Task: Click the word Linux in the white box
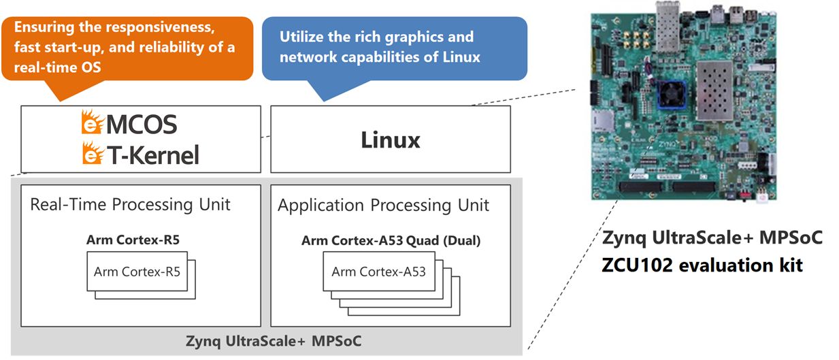pos(391,140)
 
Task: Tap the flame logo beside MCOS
pos(92,122)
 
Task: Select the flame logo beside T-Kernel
pos(93,153)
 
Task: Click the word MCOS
pos(142,125)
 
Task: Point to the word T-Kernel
pos(153,155)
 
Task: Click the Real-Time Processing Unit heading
pos(130,205)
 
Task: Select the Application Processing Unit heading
pos(383,206)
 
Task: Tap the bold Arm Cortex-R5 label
pos(133,240)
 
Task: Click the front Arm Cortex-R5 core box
pos(137,272)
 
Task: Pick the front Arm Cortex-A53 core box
pos(379,272)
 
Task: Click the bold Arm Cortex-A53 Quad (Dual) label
pos(391,240)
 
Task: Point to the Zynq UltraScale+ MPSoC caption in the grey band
pos(274,341)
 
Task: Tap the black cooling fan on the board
pos(671,94)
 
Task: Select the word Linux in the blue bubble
pos(461,57)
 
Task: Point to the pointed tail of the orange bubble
pos(61,101)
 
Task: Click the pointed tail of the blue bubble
pos(325,101)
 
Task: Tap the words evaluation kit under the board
pos(741,265)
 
